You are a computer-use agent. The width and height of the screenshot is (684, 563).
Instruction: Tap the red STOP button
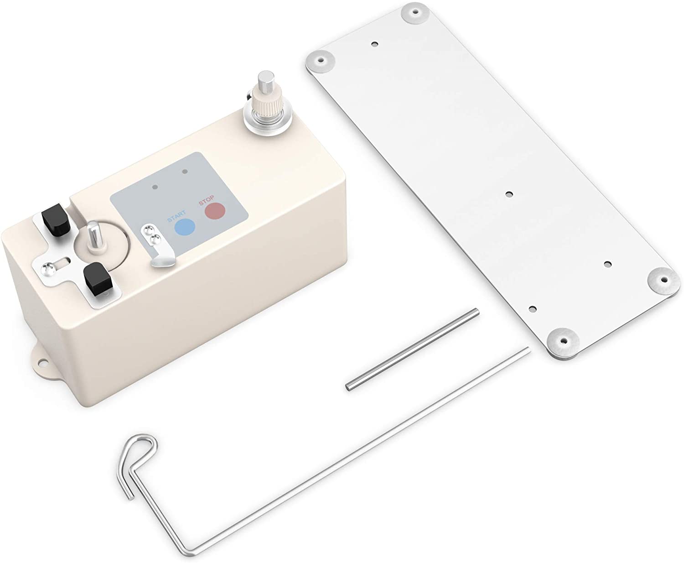click(x=215, y=210)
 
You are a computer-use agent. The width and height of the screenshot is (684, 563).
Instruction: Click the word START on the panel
click(x=176, y=216)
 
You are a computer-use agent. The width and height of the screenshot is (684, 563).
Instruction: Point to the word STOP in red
click(x=206, y=201)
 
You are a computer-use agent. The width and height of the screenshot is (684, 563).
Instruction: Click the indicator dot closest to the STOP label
click(x=185, y=172)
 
